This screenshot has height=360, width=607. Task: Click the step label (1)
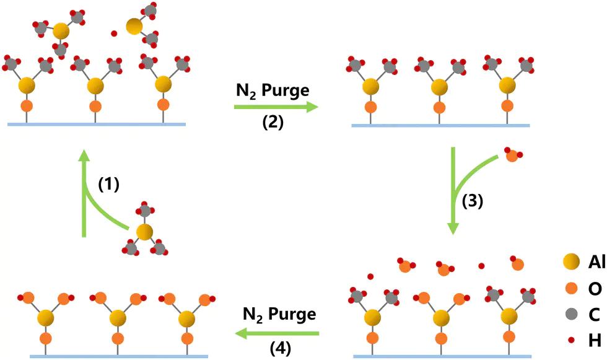[x=108, y=185]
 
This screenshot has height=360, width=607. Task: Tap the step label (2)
[x=273, y=122]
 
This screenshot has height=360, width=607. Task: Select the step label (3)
[x=473, y=201]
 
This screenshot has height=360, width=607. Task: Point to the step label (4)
[x=280, y=348]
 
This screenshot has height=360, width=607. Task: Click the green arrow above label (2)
[x=276, y=107]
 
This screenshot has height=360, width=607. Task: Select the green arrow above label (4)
[x=277, y=333]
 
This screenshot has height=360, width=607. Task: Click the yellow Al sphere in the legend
[x=571, y=262]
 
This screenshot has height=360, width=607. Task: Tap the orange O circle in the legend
[x=571, y=288]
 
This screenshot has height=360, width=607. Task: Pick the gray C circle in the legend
[x=571, y=314]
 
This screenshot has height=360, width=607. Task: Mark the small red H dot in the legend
[x=571, y=340]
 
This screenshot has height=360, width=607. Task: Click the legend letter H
[x=595, y=341]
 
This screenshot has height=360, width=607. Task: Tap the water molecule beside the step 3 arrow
[x=513, y=155]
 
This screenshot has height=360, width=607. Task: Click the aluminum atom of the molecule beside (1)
[x=144, y=232]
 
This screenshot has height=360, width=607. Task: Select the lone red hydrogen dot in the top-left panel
[x=114, y=33]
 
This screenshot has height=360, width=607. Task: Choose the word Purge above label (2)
[x=286, y=91]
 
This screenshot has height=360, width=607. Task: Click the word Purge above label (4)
[x=292, y=314]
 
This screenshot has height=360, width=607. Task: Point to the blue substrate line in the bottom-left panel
[x=119, y=356]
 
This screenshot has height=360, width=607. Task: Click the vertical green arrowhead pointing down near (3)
[x=453, y=229]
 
